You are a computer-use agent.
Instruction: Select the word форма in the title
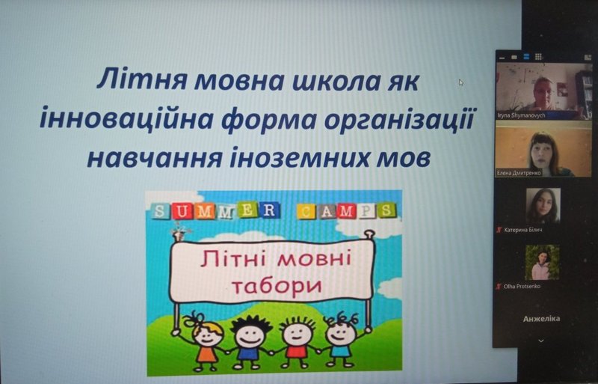point(268,120)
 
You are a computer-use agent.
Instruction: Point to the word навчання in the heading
point(155,157)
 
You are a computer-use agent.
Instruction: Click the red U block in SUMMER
point(182,211)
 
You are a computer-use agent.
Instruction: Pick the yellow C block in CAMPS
point(306,211)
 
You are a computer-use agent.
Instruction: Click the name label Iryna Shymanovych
point(521,115)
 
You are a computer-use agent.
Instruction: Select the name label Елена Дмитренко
point(519,173)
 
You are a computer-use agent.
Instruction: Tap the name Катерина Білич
point(523,230)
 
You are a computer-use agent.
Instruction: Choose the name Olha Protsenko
point(522,286)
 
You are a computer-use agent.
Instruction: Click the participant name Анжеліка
point(541,319)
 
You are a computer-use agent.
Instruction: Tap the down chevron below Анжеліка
point(540,341)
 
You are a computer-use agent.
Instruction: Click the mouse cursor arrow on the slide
point(461,82)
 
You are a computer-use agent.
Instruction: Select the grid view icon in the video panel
point(538,57)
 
